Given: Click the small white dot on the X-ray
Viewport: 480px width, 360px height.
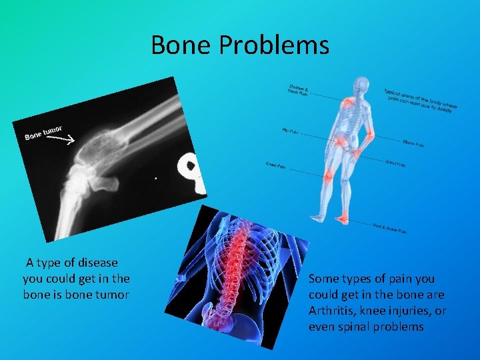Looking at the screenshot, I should pos(156,179).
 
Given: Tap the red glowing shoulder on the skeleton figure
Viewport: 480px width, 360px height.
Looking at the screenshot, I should pos(347,102).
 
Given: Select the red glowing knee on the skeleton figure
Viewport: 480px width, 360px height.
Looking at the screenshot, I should pos(329,175).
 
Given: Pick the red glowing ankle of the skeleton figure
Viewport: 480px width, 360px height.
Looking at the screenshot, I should pos(341,218).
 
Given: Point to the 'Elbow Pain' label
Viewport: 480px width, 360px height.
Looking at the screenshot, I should pos(414,143).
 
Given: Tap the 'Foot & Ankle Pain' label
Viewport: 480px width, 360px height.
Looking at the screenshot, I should pos(389,229).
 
